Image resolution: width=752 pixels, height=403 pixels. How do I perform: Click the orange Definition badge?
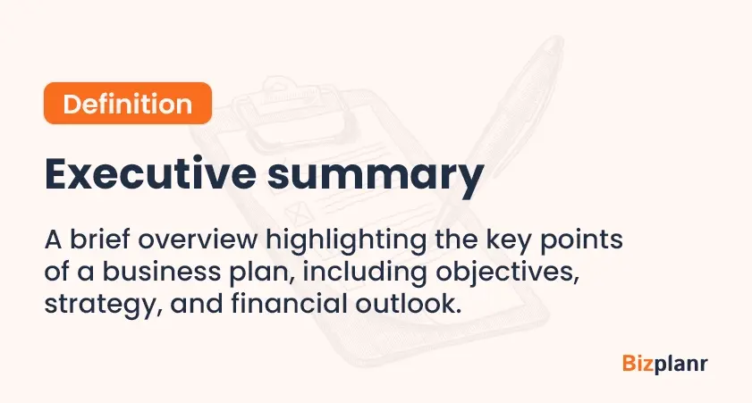tap(128, 103)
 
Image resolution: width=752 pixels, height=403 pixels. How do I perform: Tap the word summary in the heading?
tap(375, 177)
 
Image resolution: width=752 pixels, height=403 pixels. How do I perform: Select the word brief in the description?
tap(99, 239)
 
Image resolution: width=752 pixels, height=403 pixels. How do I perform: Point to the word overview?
tap(198, 239)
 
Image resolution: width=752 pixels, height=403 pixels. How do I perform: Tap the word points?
tap(581, 241)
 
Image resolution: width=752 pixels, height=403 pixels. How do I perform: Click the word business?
tap(162, 271)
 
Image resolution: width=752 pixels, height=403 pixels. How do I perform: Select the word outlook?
tap(408, 303)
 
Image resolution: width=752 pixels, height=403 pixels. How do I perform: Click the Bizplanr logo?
tap(664, 365)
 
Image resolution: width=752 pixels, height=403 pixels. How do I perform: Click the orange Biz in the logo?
tap(638, 363)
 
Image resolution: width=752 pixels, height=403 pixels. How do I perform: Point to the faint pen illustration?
tap(499, 130)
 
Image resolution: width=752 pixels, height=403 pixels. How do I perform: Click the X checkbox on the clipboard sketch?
tap(299, 213)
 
